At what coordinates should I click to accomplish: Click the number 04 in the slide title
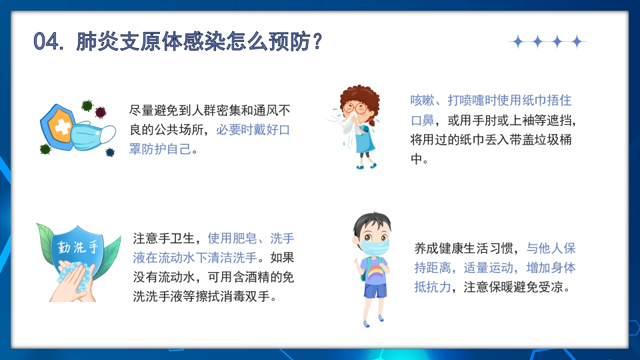[x=47, y=41]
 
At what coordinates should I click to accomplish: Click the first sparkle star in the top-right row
[x=517, y=42]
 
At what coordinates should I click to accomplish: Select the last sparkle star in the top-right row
[x=577, y=42]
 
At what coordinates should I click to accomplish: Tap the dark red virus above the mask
[x=101, y=111]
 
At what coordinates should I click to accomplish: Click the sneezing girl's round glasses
[x=360, y=107]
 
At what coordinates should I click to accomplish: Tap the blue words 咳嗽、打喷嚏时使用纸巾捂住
[x=491, y=101]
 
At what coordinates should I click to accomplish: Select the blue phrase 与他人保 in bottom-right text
[x=551, y=249]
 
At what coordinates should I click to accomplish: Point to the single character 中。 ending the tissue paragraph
[x=417, y=160]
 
